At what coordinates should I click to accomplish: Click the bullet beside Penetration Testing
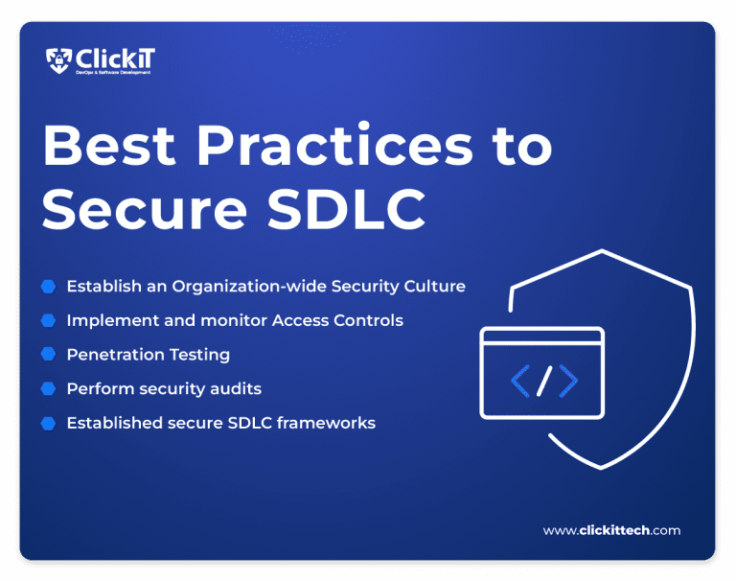pos(48,354)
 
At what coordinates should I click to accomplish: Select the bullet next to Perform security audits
pos(48,388)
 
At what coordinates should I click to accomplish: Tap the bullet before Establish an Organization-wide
pos(48,286)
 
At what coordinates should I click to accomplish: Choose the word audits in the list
pos(238,388)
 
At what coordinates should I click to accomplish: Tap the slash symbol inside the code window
pos(543,381)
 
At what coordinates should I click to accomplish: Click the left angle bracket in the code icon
pos(520,381)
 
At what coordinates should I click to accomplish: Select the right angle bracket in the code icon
pos(568,381)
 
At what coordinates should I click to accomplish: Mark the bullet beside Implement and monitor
pos(48,319)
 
